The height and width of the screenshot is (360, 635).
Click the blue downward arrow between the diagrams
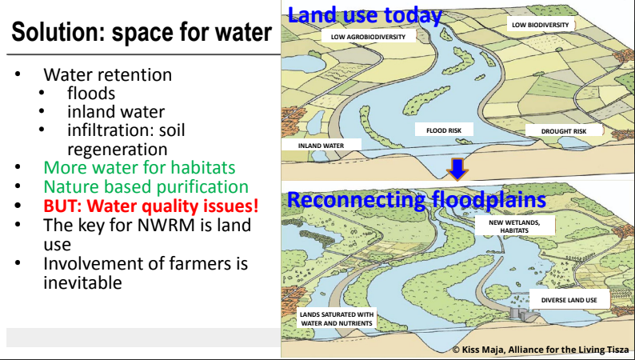457,170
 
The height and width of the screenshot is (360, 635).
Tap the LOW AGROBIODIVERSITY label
368,37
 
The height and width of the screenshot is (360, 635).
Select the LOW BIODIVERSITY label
541,25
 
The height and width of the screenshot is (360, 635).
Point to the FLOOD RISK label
444,130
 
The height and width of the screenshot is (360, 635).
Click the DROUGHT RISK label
564,130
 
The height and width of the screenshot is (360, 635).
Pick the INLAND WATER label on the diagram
321,145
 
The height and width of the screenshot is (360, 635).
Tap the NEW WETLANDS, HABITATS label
514,226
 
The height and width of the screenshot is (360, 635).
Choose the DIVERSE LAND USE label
569,300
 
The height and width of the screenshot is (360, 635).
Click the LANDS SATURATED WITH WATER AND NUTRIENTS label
337,318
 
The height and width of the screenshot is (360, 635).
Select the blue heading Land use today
364,15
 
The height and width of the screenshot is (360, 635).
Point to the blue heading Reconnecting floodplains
417,200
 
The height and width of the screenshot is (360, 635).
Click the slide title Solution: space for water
142,32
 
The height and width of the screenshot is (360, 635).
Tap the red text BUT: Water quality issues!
150,206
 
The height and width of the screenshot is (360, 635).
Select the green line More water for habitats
139,167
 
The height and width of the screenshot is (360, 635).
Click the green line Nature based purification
146,186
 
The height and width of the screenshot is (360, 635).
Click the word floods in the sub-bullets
91,93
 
